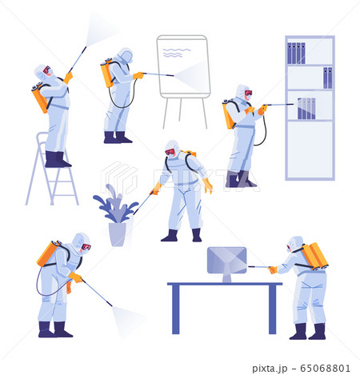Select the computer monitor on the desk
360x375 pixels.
[226, 261]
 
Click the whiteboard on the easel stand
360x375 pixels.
[183, 66]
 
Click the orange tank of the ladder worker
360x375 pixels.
[39, 98]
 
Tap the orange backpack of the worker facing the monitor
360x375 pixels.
[315, 256]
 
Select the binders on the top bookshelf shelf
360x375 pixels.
[296, 53]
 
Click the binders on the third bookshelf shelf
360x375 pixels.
[306, 108]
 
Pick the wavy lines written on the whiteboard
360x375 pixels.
[177, 52]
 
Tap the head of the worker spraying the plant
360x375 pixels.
[172, 150]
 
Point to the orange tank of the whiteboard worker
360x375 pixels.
[106, 72]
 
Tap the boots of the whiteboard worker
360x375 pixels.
[117, 138]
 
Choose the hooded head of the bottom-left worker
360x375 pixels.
[81, 242]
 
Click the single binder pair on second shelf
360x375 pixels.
[327, 78]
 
